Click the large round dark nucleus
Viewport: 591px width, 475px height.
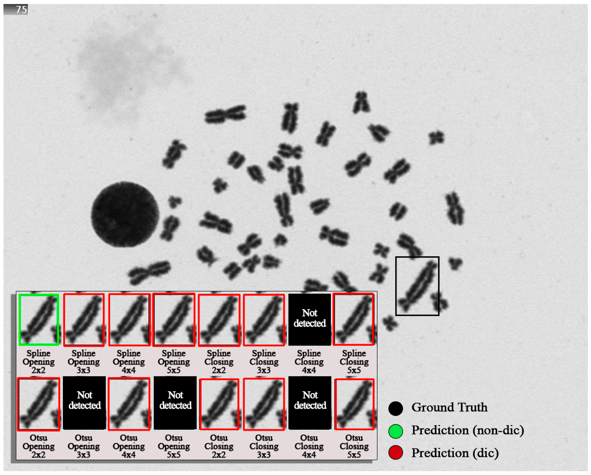pos(125,214)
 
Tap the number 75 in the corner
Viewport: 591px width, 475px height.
pos(21,10)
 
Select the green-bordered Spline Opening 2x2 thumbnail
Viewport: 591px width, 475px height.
pos(39,319)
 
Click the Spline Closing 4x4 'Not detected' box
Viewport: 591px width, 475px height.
pos(309,319)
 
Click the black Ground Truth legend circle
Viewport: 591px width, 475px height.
pos(396,408)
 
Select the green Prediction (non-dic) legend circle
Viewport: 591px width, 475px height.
pos(396,431)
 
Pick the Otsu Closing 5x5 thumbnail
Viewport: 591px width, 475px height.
pos(354,404)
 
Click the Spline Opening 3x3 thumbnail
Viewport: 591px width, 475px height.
pos(84,320)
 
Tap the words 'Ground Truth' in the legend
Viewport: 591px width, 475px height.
pos(450,407)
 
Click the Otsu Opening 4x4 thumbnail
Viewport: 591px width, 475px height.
pos(129,404)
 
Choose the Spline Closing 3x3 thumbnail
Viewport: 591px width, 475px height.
pos(264,320)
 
